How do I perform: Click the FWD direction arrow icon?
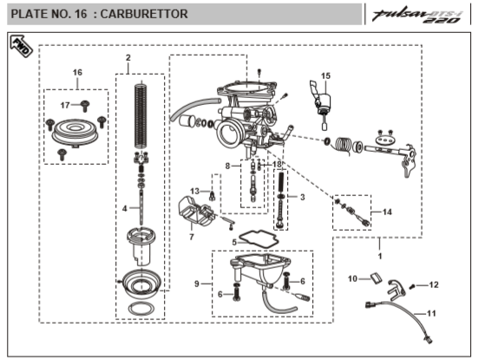pyautogui.click(x=18, y=47)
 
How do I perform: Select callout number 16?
pyautogui.click(x=77, y=70)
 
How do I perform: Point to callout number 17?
pyautogui.click(x=64, y=105)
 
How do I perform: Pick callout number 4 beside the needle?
pyautogui.click(x=125, y=208)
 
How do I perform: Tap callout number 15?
pyautogui.click(x=326, y=75)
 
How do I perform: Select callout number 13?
pyautogui.click(x=195, y=190)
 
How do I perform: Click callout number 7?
pyautogui.click(x=192, y=236)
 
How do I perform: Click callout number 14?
pyautogui.click(x=387, y=211)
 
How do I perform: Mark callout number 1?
pyautogui.click(x=378, y=257)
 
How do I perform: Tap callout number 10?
pyautogui.click(x=353, y=278)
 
